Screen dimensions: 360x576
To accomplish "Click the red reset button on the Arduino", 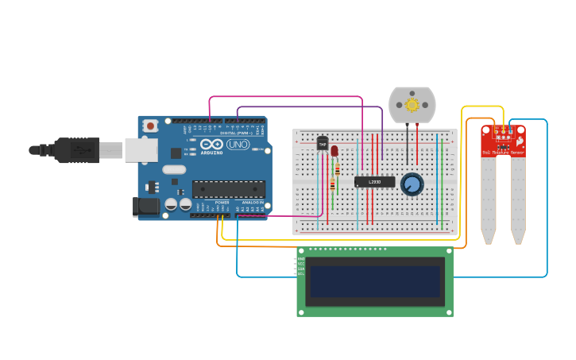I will (x=150, y=126).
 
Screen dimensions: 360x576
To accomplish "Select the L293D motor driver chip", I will (x=374, y=182).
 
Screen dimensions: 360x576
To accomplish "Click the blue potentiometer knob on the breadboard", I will (x=412, y=184).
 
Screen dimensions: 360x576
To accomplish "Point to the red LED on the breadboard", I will (x=334, y=150).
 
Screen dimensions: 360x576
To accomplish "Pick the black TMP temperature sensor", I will (x=323, y=143).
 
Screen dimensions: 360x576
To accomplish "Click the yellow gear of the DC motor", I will (x=412, y=104).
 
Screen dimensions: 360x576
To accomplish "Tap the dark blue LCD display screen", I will (x=375, y=281).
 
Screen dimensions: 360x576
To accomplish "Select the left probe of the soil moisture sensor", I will (x=488, y=199).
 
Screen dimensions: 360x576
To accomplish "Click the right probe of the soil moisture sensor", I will (x=518, y=199).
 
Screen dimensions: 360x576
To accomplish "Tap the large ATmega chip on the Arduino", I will (x=229, y=189).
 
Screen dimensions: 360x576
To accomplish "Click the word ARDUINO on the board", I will (x=212, y=152).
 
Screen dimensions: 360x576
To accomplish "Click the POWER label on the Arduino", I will (x=222, y=202).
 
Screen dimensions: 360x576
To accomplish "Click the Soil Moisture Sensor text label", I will (x=503, y=152).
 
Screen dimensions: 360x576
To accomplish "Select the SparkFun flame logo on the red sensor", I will (x=519, y=141).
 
